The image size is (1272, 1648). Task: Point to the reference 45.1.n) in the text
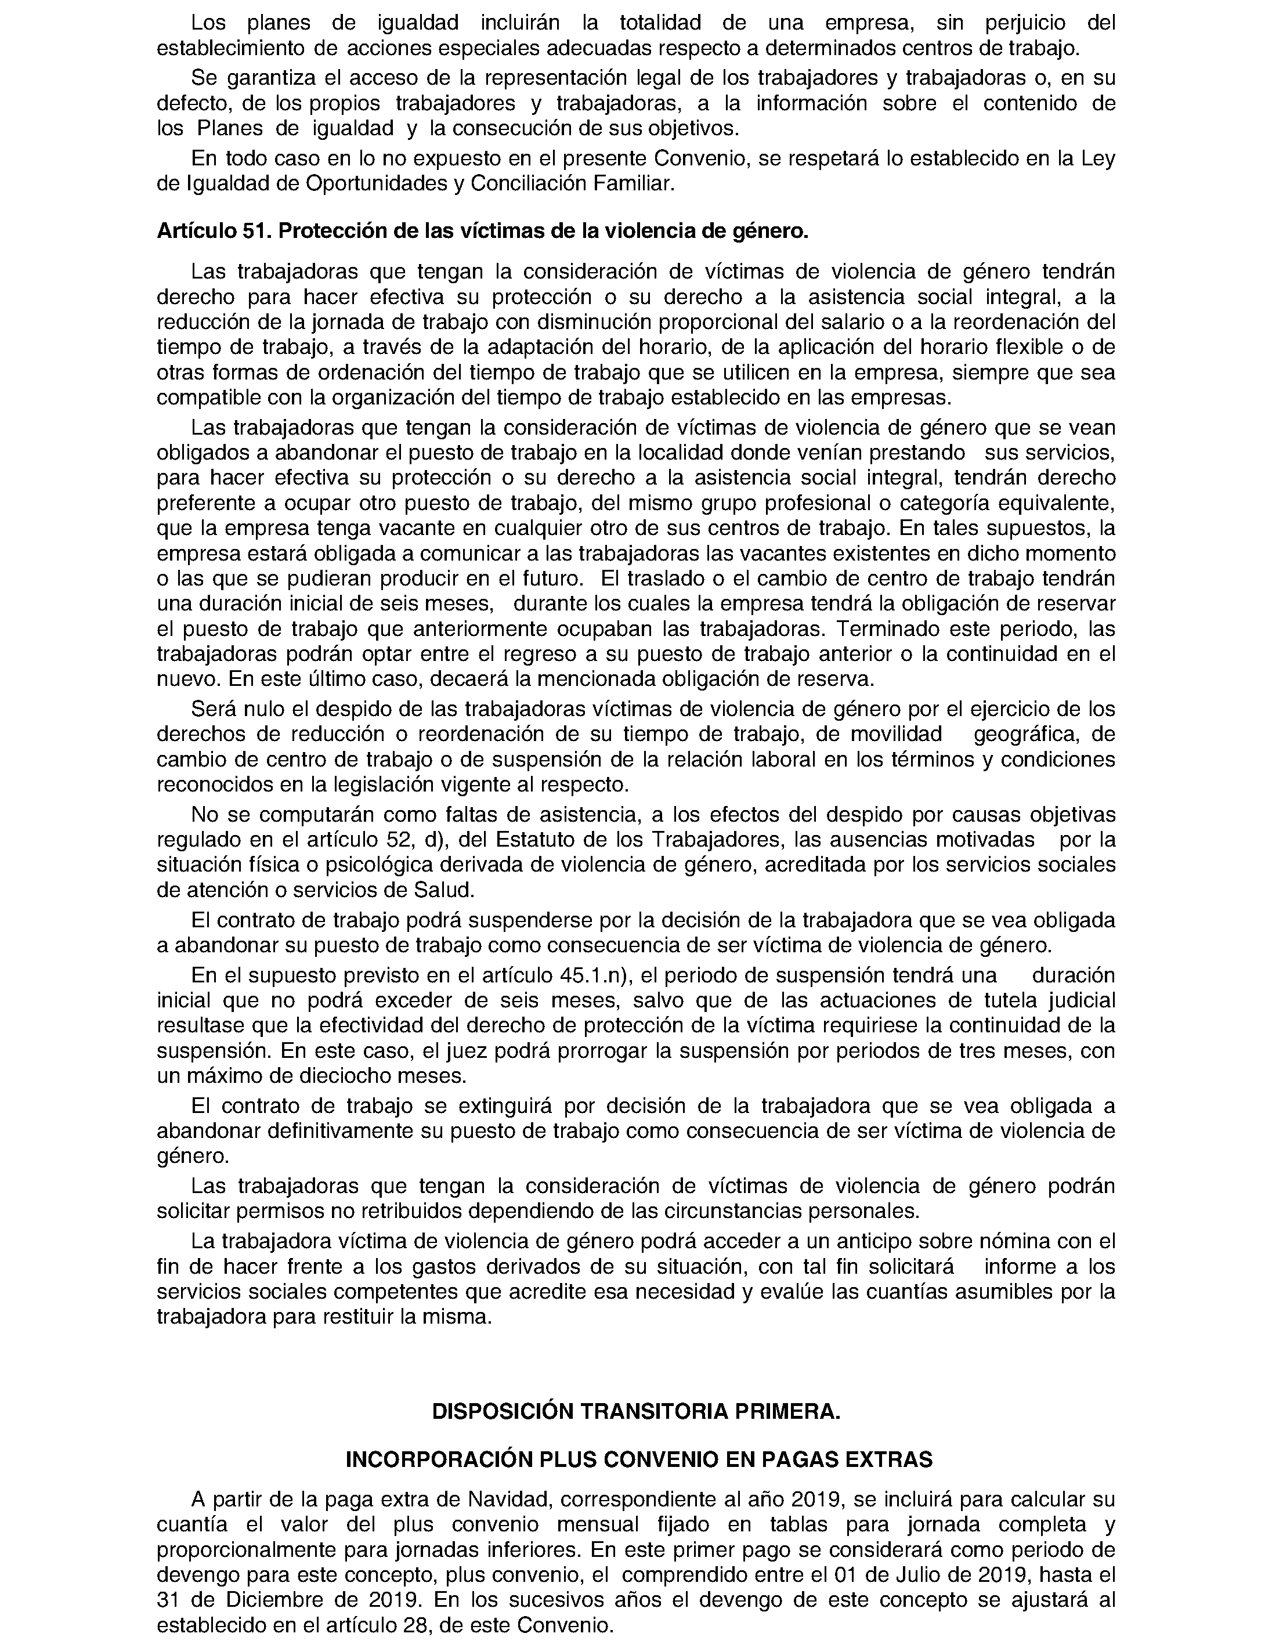597,975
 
